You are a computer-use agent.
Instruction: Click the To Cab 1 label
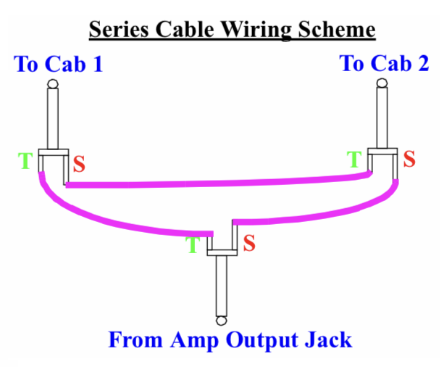[x=59, y=65]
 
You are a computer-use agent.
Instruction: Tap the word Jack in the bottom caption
[x=330, y=339]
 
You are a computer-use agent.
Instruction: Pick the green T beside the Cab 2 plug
[x=355, y=160]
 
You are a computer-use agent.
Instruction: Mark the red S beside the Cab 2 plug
[x=409, y=159]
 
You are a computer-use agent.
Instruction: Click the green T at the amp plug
[x=193, y=245]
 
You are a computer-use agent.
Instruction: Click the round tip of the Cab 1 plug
[x=52, y=86]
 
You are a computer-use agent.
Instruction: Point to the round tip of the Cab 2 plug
[x=382, y=86]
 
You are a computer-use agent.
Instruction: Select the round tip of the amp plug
[x=221, y=320]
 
